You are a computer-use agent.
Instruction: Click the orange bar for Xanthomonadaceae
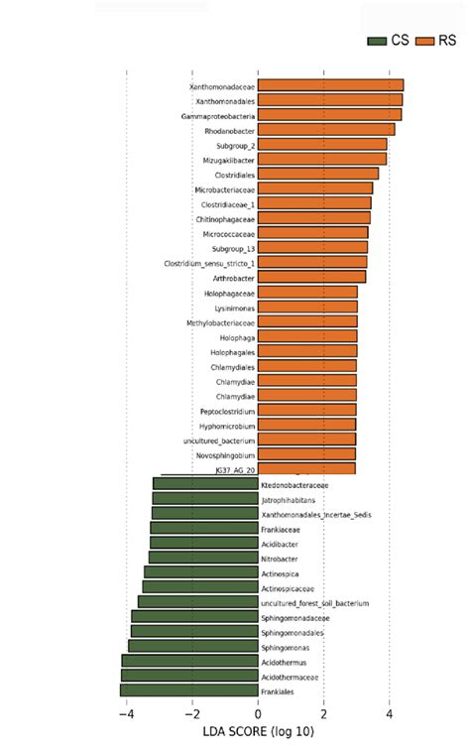330,85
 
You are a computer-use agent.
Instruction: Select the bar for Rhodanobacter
326,129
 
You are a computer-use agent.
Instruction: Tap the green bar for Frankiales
188,690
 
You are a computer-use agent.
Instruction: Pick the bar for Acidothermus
189,661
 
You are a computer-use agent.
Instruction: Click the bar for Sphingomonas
192,647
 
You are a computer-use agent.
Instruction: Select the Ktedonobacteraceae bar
205,484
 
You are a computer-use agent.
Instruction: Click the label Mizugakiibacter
226,159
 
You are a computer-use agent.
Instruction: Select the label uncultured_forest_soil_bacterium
314,603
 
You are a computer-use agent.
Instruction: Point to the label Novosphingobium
226,454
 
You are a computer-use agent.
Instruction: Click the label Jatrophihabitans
288,500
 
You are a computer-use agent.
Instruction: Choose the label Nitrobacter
281,559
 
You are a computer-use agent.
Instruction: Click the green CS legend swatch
377,41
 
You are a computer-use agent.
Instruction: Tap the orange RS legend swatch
425,41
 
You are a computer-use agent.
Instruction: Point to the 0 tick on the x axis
258,713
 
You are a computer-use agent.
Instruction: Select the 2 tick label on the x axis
323,713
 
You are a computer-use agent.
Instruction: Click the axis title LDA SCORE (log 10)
258,732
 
